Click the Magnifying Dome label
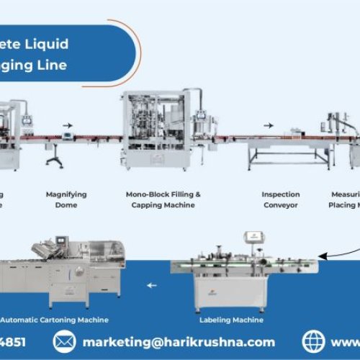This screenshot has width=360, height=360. click(66, 199)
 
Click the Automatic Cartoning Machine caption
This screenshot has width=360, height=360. click(55, 319)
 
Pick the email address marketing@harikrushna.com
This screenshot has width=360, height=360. click(179, 341)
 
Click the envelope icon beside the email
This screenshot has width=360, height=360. click(65, 341)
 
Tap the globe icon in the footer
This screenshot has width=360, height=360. click(314, 341)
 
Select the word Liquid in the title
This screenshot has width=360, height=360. click(50, 44)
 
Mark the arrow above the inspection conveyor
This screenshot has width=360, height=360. click(269, 125)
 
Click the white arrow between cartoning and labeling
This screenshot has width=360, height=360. click(151, 285)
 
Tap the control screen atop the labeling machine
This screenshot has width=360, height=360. click(252, 237)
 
